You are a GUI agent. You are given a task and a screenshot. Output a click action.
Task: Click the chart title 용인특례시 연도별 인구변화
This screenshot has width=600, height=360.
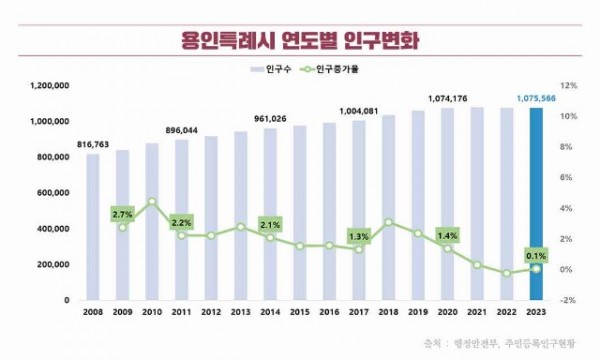(300, 43)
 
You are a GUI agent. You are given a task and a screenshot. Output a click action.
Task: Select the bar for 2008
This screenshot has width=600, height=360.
(92, 227)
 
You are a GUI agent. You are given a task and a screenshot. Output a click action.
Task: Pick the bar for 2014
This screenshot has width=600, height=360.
(270, 214)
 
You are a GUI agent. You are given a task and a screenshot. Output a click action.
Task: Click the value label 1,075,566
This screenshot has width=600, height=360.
(537, 98)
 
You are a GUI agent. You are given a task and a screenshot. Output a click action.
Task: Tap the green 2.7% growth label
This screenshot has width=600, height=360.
(122, 214)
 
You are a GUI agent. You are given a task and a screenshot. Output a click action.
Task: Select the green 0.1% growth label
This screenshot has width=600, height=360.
(537, 255)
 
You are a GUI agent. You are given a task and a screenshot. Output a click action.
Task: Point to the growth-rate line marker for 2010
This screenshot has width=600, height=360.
(152, 201)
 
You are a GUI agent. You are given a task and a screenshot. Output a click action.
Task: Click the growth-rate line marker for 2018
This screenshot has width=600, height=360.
(388, 223)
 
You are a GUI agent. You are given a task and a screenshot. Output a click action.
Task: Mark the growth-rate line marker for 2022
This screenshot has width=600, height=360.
(507, 273)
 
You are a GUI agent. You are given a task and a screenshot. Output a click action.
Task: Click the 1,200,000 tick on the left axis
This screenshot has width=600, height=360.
(47, 86)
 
